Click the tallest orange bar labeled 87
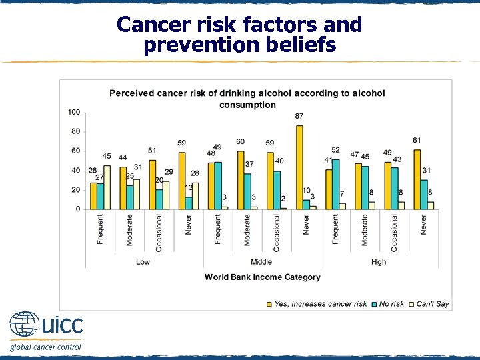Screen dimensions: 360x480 (x=299, y=167)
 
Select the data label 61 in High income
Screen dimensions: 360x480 (x=417, y=140)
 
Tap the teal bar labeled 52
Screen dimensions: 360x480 (x=335, y=184)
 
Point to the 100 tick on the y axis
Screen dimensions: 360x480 (x=73, y=112)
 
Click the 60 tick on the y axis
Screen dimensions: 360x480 (x=75, y=151)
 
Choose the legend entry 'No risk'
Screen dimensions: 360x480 (x=391, y=304)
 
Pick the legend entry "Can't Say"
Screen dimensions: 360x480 (x=433, y=304)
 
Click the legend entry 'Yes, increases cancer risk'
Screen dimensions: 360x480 (x=320, y=304)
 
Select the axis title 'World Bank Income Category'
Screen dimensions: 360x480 (x=262, y=277)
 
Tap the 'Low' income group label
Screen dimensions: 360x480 (x=143, y=262)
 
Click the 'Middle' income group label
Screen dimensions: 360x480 (x=261, y=262)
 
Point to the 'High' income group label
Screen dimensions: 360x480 (x=379, y=262)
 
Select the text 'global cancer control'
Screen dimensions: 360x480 (x=45, y=347)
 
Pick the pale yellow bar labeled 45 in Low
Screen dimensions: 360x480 (x=107, y=187)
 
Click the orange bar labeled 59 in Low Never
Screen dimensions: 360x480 (x=182, y=181)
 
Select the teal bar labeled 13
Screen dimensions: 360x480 (x=189, y=203)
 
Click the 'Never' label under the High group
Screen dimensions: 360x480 (x=423, y=225)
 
